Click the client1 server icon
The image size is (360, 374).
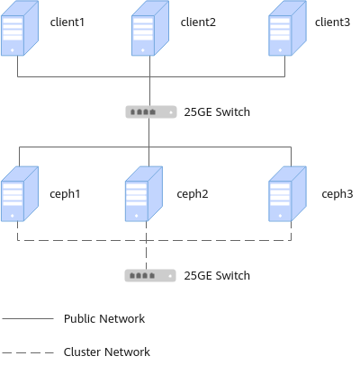pos(20,28)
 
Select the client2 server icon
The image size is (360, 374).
pos(150,28)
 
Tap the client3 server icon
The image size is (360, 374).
pos(287,28)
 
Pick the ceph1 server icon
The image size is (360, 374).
pos(20,194)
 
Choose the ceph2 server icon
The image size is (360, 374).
pos(144,194)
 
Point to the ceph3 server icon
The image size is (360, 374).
pos(287,194)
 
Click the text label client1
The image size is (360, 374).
pos(67,22)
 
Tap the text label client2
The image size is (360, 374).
pos(198,22)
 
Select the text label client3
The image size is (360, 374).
pos(332,22)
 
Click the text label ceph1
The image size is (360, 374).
pos(65,194)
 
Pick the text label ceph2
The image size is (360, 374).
pos(193,194)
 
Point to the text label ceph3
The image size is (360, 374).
pos(337,194)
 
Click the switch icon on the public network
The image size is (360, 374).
pos(151,112)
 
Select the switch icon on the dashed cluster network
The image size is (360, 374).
pos(150,276)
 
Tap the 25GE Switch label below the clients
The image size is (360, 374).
pos(217,112)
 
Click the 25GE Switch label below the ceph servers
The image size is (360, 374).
pos(217,276)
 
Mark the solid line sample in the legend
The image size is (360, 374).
pos(28,318)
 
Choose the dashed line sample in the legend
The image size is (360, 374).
pos(28,352)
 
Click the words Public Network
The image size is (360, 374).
pos(104,318)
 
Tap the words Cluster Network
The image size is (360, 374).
pos(107,352)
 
